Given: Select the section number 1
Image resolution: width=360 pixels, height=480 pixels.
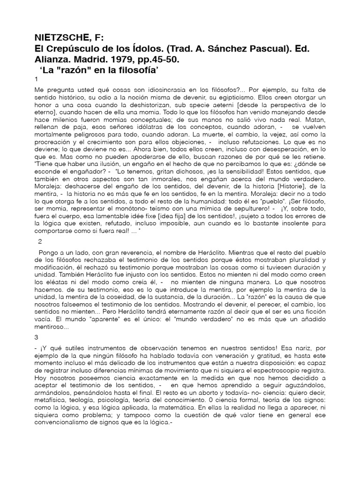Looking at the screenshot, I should pyautogui.click(x=37, y=80).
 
